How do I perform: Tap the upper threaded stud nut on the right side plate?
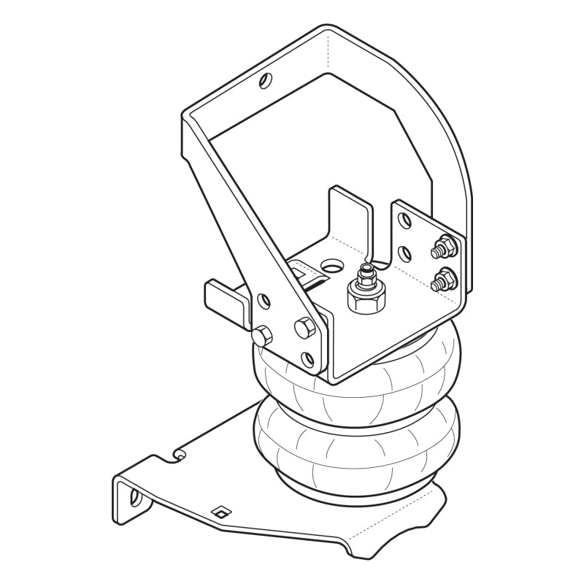coord(442,248)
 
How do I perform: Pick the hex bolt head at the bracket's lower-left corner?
coord(262,337)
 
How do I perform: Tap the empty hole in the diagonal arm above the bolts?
coord(264,299)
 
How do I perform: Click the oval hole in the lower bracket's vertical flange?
coord(135,497)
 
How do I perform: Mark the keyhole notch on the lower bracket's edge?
coord(177,455)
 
